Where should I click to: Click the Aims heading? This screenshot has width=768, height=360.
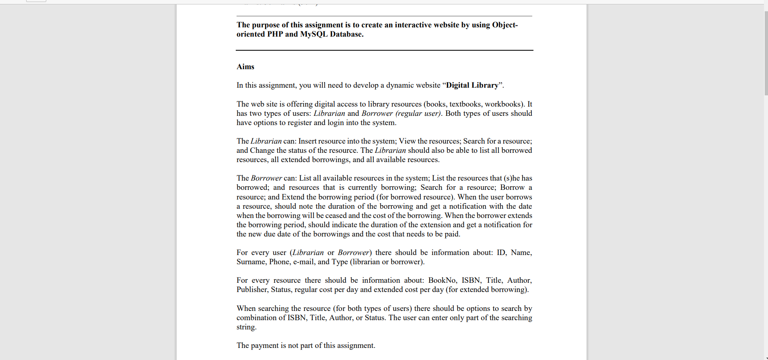click(245, 67)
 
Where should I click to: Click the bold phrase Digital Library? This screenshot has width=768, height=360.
click(472, 85)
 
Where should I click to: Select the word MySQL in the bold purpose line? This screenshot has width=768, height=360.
click(314, 34)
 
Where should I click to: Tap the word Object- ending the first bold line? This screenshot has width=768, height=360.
click(505, 25)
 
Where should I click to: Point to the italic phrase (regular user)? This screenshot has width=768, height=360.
click(418, 113)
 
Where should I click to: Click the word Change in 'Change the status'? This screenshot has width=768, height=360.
click(262, 150)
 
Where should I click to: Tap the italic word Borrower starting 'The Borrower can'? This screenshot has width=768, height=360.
click(266, 178)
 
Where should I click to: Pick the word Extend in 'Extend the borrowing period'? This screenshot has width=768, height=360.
click(293, 197)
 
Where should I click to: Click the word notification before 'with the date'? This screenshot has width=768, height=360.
click(468, 206)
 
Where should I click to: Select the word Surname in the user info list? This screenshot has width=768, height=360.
click(251, 262)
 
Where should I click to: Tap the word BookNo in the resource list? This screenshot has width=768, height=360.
click(442, 280)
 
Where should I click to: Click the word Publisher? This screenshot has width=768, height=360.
click(252, 290)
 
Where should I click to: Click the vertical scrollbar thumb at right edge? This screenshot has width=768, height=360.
click(766, 52)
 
